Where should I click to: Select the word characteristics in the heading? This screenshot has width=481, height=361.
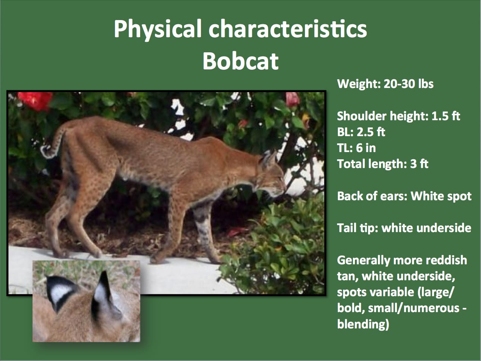[x=288, y=29]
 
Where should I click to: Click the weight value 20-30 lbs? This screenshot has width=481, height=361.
[x=408, y=84]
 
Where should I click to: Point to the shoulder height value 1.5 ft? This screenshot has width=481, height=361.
[x=446, y=116]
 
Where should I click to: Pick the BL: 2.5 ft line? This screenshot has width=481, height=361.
[x=361, y=132]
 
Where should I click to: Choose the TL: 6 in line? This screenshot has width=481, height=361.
[x=356, y=148]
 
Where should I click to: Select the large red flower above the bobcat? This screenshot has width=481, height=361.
[x=35, y=101]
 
